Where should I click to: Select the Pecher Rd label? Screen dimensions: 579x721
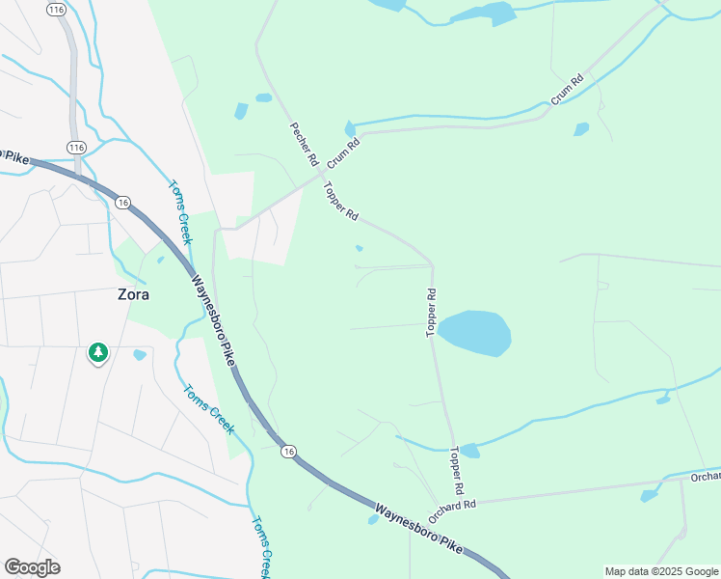pyautogui.click(x=303, y=146)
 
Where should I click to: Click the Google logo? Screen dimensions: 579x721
pyautogui.click(x=32, y=567)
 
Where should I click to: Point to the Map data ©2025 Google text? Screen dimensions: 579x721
pyautogui.click(x=660, y=571)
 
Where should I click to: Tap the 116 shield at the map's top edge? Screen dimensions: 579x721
pyautogui.click(x=56, y=9)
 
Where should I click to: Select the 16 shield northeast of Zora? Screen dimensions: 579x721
pyautogui.click(x=122, y=203)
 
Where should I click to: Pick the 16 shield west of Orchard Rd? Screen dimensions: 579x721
pyautogui.click(x=288, y=451)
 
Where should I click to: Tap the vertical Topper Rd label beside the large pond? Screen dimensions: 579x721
pyautogui.click(x=432, y=313)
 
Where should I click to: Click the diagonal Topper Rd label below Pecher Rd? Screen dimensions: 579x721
pyautogui.click(x=341, y=202)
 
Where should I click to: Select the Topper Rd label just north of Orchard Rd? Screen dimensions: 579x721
pyautogui.click(x=456, y=471)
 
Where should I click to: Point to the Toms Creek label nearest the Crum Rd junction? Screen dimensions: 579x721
pyautogui.click(x=180, y=212)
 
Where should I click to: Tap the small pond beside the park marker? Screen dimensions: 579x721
pyautogui.click(x=140, y=355)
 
